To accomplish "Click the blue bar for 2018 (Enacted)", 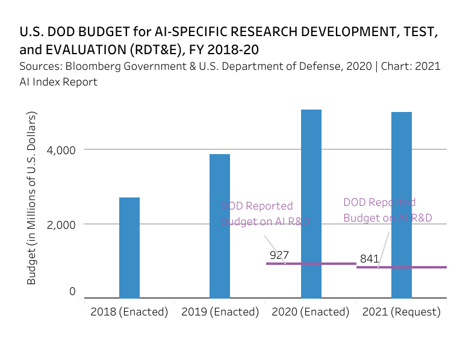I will (129, 247).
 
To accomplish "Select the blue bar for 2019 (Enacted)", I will (220, 226).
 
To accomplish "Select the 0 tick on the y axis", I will (72, 291).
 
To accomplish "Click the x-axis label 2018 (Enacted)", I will (129, 312).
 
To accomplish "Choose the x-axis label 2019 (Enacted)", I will (220, 312).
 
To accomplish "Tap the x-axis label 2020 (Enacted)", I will (311, 312).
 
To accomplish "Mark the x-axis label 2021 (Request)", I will (401, 312).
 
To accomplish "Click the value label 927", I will (279, 255).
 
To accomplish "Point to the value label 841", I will (369, 259).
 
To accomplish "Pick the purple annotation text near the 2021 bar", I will (387, 210).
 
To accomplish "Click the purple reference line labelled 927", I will (289, 264).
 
